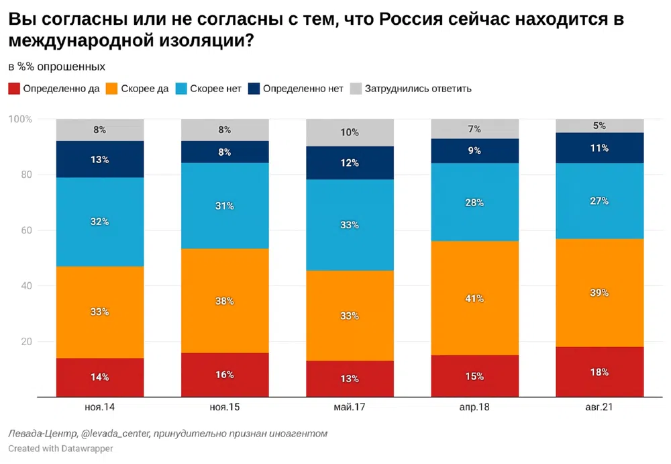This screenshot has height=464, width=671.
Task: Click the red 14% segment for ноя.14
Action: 100,377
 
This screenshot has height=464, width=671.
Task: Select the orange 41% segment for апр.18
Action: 474,298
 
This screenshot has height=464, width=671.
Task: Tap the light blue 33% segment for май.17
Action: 350,225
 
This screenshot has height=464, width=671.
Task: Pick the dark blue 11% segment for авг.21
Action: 599,148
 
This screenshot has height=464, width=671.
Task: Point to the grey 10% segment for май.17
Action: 350,132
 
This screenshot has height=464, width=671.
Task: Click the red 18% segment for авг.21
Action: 599,371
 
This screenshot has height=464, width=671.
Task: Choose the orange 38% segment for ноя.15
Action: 225,301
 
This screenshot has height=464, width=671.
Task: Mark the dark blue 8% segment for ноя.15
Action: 225,152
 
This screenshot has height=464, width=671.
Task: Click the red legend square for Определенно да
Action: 13,89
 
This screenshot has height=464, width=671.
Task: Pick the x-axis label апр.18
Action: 474,408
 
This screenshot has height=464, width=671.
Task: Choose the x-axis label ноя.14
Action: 100,408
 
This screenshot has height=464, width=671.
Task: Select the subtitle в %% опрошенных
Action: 56,66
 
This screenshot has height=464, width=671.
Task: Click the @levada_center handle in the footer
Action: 117,433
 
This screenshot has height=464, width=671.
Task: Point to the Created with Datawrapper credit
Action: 60,448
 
